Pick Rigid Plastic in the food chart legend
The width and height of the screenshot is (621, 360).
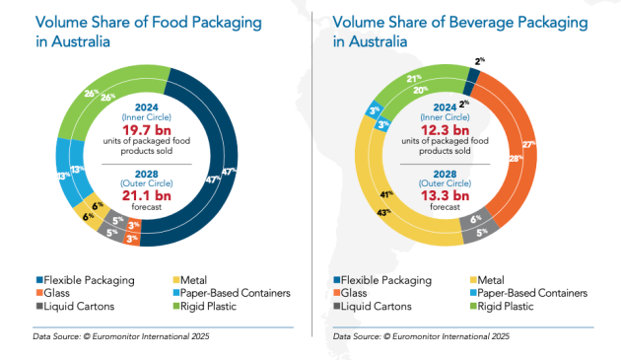tap(216, 307)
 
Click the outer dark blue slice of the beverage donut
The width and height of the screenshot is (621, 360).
tap(477, 66)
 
